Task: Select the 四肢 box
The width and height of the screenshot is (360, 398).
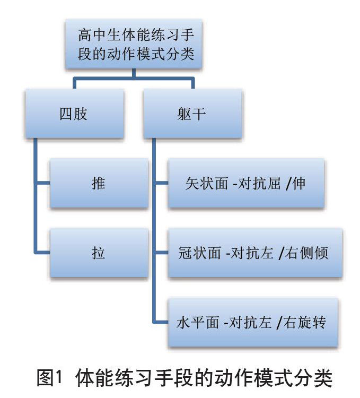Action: click(x=74, y=114)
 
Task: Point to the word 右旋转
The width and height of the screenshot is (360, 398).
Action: click(x=309, y=322)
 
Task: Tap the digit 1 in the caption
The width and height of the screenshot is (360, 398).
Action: click(x=60, y=379)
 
